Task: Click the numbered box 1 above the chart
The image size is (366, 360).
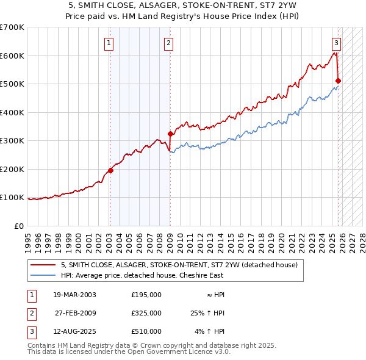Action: (109, 43)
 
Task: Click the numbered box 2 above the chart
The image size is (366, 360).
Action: (168, 43)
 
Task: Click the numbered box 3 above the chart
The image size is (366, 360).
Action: (336, 43)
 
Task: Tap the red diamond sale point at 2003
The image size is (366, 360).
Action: (110, 171)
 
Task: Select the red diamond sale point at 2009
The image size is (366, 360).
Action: (170, 134)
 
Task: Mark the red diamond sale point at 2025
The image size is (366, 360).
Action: (338, 81)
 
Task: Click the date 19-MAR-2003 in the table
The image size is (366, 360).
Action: (75, 295)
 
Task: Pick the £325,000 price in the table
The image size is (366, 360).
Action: (146, 313)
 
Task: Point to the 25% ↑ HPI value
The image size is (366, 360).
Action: (208, 313)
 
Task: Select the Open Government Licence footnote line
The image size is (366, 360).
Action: (129, 352)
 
